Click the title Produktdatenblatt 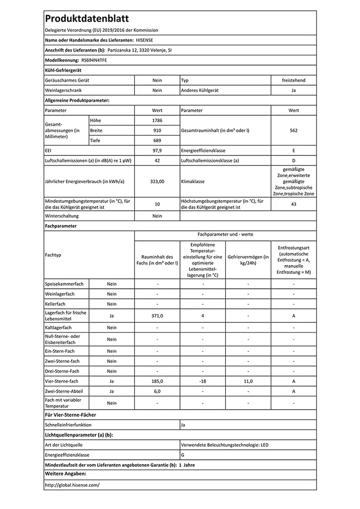click(x=87, y=19)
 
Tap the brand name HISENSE click(x=145, y=40)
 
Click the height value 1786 click(x=157, y=120)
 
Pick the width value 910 click(x=157, y=130)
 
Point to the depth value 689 click(x=157, y=140)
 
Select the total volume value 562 click(x=293, y=130)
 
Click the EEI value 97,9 click(x=157, y=150)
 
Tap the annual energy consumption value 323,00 click(x=157, y=182)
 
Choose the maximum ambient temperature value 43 click(x=293, y=204)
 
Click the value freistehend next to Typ click(x=293, y=80)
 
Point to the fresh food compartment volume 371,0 click(x=157, y=316)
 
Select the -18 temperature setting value click(x=202, y=381)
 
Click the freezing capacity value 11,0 click(x=248, y=381)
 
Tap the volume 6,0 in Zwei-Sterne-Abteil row click(x=157, y=392)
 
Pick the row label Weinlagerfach click(x=60, y=294)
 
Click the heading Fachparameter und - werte click(x=225, y=234)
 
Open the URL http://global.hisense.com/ click(x=72, y=485)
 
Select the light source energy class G click(x=183, y=455)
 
